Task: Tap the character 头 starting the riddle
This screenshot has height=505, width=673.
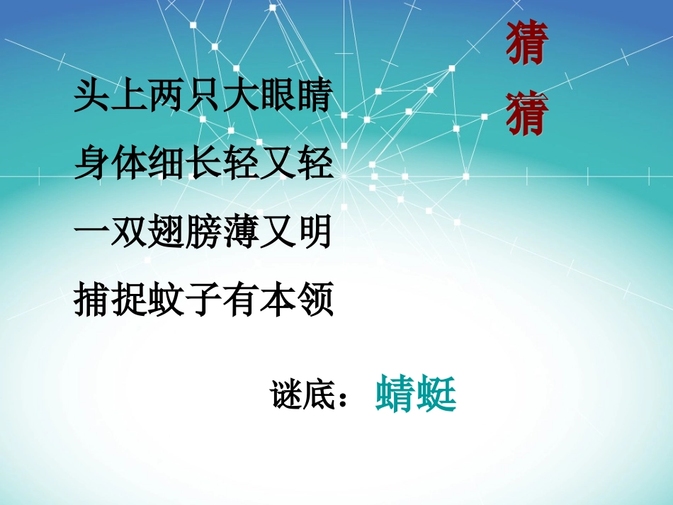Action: [x=92, y=97]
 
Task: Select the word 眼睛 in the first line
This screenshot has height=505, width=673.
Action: [x=295, y=97]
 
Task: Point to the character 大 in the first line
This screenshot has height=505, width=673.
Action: [x=240, y=97]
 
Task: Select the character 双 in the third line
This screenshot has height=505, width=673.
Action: [x=130, y=233]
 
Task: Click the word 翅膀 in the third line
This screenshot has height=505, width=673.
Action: [x=185, y=233]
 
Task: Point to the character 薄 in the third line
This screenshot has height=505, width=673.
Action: [x=240, y=233]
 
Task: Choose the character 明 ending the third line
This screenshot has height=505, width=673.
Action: [x=314, y=233]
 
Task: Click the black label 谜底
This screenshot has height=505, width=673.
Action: [x=303, y=395]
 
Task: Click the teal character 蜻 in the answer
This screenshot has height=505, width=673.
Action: [x=395, y=394]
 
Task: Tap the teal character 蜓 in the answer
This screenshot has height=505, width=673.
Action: [x=436, y=394]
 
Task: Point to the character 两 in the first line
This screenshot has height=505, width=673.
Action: [x=166, y=97]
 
